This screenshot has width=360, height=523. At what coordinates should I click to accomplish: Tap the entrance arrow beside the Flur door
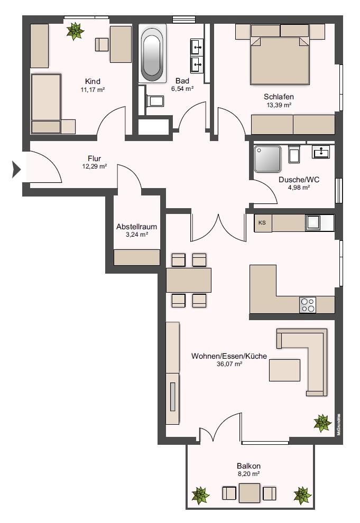16,170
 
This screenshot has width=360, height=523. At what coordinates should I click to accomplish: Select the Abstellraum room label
136,227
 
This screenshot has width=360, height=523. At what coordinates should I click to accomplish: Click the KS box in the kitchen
263,223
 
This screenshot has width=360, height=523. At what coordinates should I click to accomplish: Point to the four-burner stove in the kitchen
308,305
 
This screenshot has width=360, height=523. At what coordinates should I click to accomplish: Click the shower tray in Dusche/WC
267,159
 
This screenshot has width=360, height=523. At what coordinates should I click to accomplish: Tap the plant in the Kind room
75,31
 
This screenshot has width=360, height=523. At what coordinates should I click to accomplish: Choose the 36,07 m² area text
229,364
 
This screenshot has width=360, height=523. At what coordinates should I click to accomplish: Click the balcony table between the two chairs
250,493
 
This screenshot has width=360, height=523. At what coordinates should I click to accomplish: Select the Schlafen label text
279,97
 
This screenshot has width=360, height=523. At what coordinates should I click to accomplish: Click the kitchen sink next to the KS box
313,223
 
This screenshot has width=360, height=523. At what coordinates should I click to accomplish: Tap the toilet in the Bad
155,100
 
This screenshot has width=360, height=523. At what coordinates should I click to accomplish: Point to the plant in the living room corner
322,423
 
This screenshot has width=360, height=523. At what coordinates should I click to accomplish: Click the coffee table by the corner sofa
284,370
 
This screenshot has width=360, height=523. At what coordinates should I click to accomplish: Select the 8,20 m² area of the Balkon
248,474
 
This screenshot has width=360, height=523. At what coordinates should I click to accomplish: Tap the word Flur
95,158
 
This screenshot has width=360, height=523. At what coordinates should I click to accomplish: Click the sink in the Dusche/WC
321,152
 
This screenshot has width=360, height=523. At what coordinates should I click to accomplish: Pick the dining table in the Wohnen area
189,280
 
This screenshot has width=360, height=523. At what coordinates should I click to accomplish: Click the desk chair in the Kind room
101,45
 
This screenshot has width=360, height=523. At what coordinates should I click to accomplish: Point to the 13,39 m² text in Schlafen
279,105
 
